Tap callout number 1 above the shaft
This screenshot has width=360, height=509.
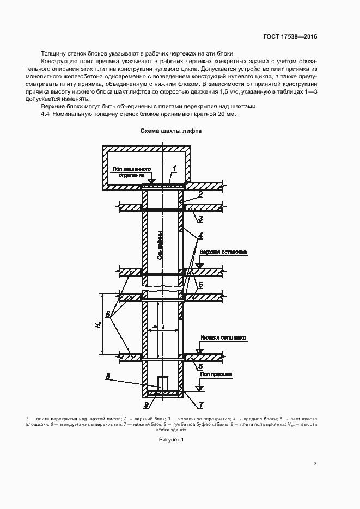174,169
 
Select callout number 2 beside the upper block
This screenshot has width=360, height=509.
200,194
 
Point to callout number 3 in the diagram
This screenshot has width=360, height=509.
200,219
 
